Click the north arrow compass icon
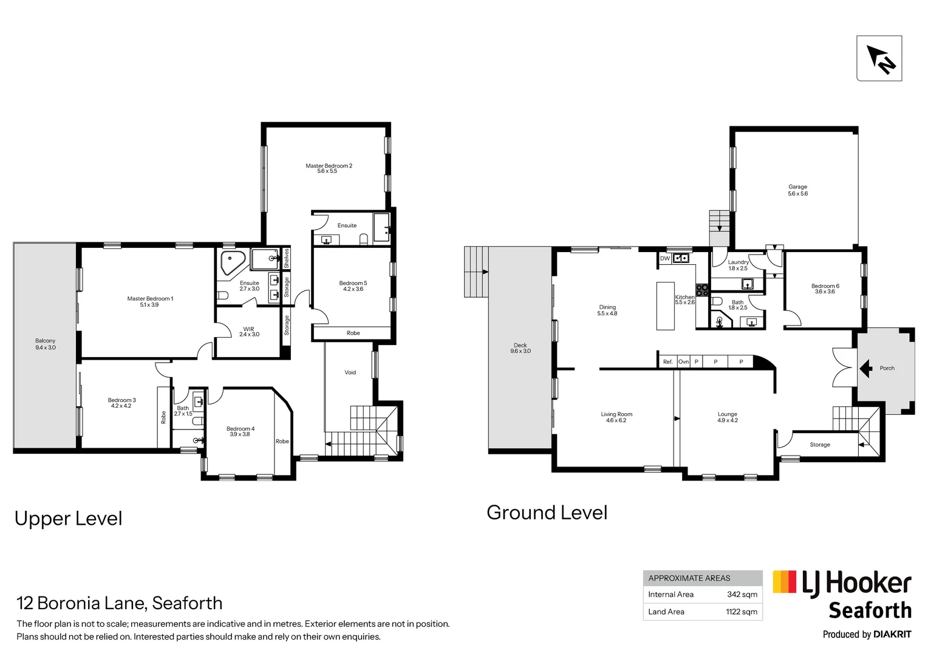(879, 58)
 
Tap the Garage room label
(797, 190)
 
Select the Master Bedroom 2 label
(328, 168)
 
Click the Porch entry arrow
(866, 368)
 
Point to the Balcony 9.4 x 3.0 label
(45, 344)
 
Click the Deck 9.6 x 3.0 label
(520, 348)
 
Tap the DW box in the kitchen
(665, 259)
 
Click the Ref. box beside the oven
(667, 362)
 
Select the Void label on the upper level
(350, 372)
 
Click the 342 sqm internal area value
(742, 595)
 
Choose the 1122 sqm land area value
(741, 612)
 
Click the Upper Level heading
(68, 518)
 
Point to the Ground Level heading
(547, 513)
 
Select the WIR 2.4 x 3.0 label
(249, 332)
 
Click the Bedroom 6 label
(825, 289)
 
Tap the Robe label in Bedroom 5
(353, 333)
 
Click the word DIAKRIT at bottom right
(892, 634)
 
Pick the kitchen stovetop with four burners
(702, 290)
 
